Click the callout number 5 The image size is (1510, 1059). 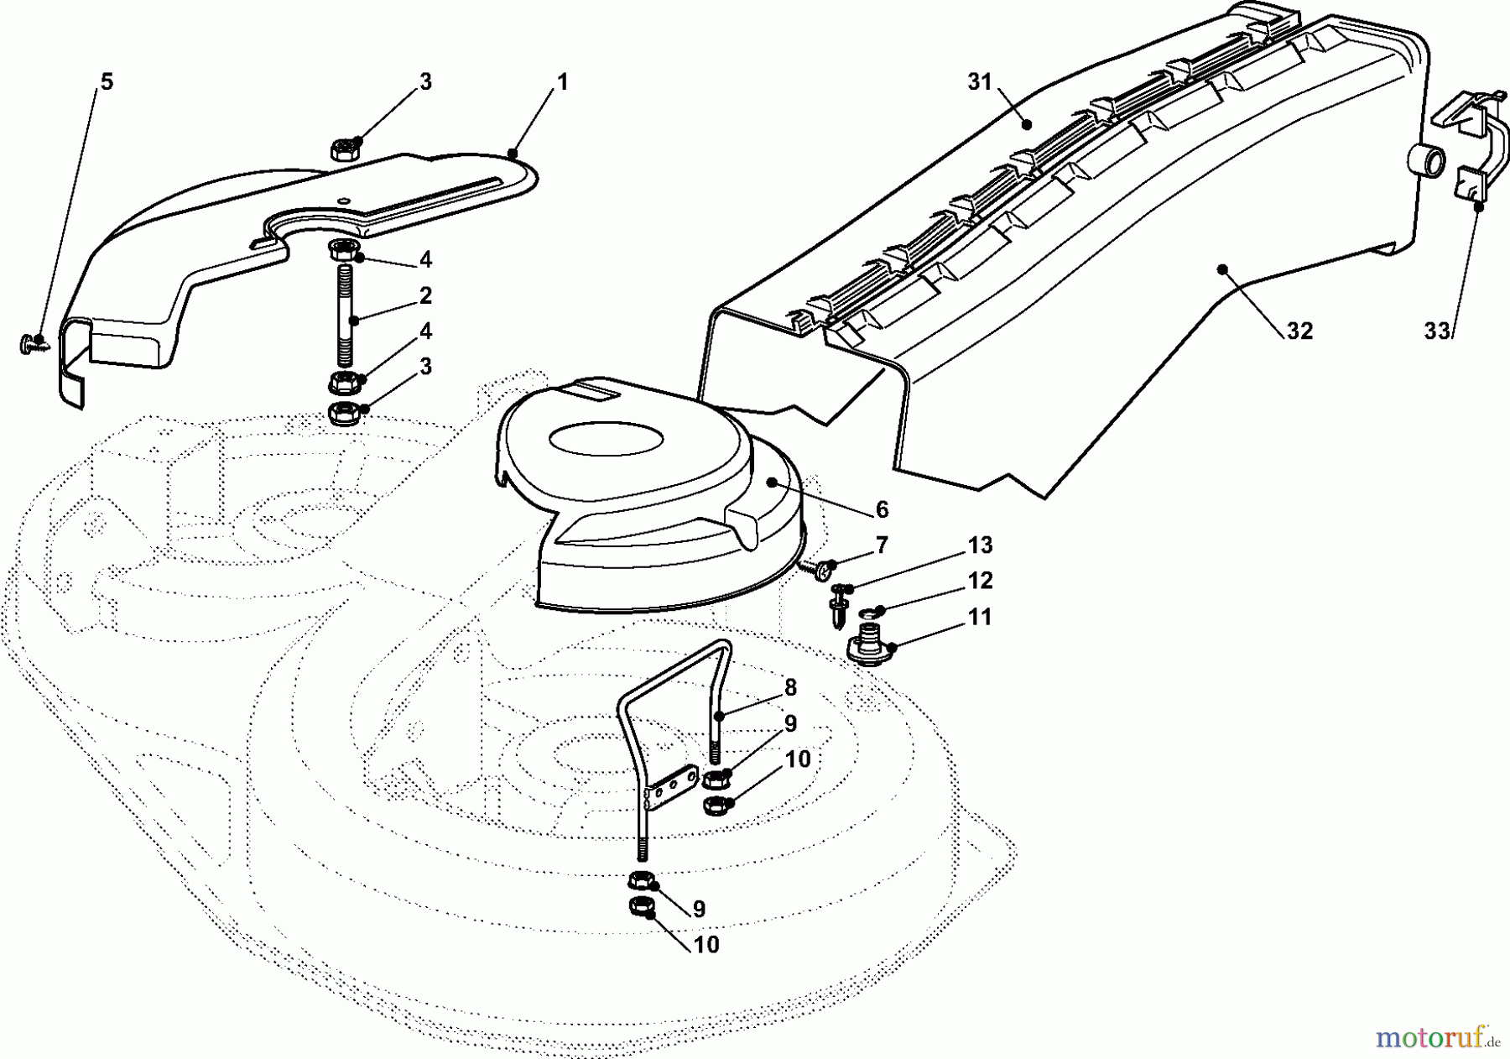(x=106, y=82)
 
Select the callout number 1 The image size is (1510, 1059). (x=562, y=82)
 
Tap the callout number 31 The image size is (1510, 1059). (x=979, y=82)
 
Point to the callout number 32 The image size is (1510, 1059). (x=1299, y=331)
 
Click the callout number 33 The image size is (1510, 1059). (x=1436, y=331)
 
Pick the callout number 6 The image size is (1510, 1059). (x=882, y=509)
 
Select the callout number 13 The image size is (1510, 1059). (x=980, y=545)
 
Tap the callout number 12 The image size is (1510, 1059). (x=980, y=581)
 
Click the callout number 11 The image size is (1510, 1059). (x=980, y=617)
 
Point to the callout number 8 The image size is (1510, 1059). (x=790, y=688)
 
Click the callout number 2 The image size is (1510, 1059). (x=425, y=295)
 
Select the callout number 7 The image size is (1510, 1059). (x=882, y=545)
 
